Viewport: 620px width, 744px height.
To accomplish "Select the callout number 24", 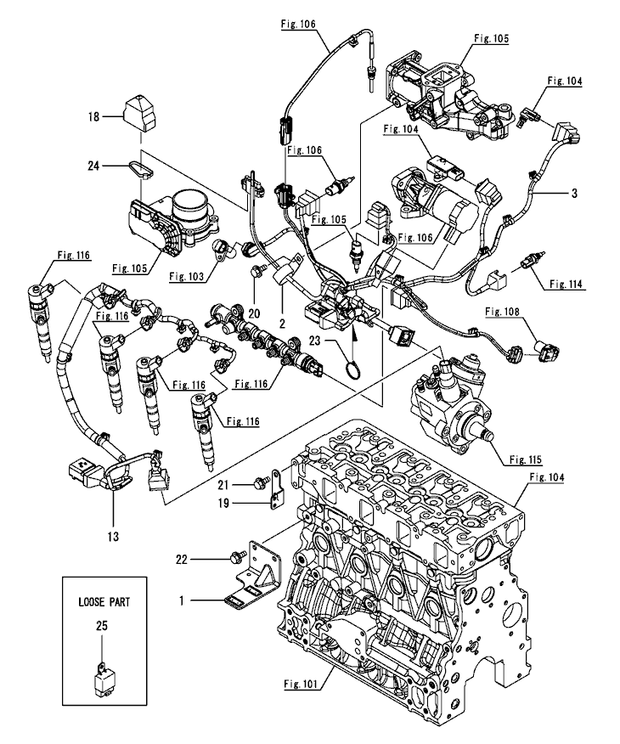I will [x=93, y=166].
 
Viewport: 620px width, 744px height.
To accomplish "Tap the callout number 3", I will [x=575, y=194].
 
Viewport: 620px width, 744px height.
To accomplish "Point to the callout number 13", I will [x=114, y=536].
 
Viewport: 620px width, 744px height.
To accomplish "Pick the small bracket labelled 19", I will [x=274, y=491].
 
